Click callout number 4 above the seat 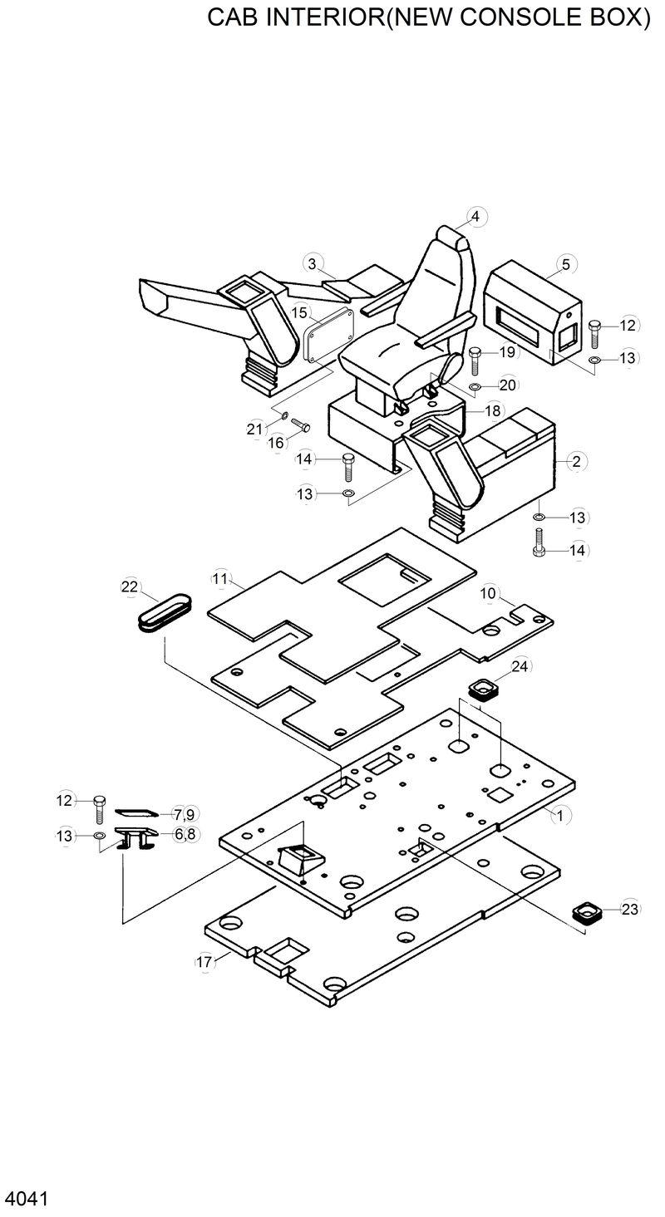coord(475,217)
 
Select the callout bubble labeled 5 coord(565,265)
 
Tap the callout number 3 coord(312,264)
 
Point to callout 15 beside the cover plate coord(300,313)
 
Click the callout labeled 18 coord(493,411)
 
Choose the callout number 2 coord(577,461)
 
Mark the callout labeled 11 coord(219,578)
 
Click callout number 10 coord(488,593)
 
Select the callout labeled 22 coord(130,586)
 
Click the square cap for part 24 coord(482,689)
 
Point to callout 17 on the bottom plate coord(204,962)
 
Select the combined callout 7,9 coord(184,813)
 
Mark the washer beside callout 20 coord(475,387)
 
